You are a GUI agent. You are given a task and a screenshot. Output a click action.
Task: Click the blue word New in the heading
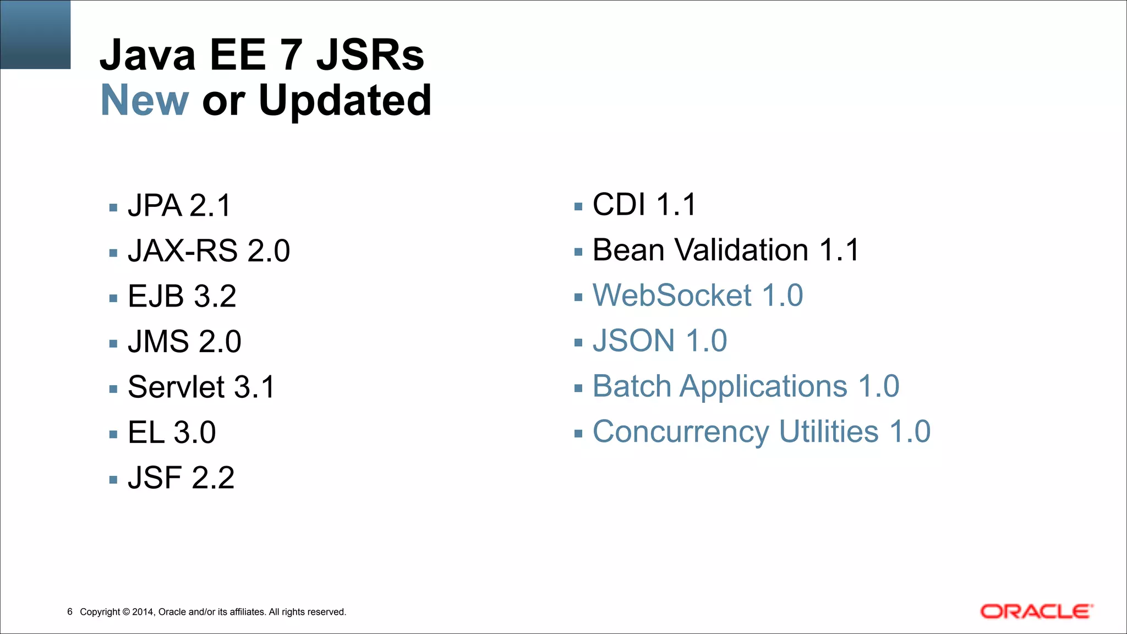pyautogui.click(x=145, y=100)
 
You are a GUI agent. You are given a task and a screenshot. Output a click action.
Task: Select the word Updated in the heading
pyautogui.click(x=345, y=100)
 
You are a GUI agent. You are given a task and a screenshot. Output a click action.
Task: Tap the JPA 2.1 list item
pyautogui.click(x=179, y=206)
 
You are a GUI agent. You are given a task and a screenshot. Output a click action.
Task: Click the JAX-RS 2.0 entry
pyautogui.click(x=209, y=251)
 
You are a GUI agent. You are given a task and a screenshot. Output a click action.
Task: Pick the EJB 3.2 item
pyautogui.click(x=182, y=297)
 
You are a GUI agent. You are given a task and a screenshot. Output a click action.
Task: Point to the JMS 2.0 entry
pyautogui.click(x=184, y=342)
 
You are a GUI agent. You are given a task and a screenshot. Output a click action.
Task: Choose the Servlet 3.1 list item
pyautogui.click(x=201, y=387)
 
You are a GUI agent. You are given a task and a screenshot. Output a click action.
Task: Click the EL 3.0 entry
pyautogui.click(x=172, y=433)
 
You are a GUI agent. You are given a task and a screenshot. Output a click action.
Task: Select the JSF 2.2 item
pyautogui.click(x=181, y=478)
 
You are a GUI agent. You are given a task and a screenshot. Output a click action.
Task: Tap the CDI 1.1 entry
pyautogui.click(x=644, y=205)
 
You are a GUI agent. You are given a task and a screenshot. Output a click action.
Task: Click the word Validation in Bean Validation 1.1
pyautogui.click(x=742, y=250)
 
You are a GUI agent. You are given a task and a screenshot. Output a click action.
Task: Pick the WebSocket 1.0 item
pyautogui.click(x=698, y=296)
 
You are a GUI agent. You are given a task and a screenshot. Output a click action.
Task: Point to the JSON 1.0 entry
pyautogui.click(x=660, y=341)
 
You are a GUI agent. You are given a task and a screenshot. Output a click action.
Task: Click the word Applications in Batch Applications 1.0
pyautogui.click(x=763, y=386)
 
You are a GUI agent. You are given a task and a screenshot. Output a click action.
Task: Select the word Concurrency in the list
pyautogui.click(x=681, y=432)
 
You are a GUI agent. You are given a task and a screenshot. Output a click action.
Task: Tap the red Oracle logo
pyautogui.click(x=1036, y=611)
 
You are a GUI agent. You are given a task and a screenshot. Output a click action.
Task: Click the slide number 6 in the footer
pyautogui.click(x=70, y=611)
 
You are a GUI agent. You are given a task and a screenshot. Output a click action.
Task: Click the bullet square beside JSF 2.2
pyautogui.click(x=113, y=480)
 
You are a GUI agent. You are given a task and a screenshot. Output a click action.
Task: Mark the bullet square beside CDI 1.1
pyautogui.click(x=578, y=207)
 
